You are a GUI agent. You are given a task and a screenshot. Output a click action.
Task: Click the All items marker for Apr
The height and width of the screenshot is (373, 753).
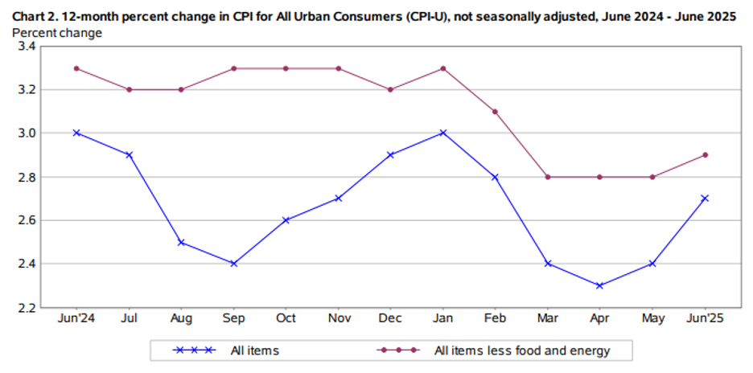600,285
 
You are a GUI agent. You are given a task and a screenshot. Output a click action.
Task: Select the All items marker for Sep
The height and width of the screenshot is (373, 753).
233,264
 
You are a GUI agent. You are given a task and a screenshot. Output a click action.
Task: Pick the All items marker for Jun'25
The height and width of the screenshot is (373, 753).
706,198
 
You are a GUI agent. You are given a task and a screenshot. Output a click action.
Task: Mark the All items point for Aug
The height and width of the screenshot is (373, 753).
181,242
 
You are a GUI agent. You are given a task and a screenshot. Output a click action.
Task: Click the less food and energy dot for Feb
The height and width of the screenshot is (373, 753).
496,112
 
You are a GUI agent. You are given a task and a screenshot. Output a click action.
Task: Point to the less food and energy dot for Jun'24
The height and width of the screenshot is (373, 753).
76,68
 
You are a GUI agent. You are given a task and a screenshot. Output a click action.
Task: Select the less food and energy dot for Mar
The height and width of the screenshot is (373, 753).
548,177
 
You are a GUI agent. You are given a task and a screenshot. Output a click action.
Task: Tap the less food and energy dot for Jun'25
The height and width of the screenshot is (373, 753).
706,155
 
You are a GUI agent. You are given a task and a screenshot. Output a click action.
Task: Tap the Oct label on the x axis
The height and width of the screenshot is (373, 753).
286,319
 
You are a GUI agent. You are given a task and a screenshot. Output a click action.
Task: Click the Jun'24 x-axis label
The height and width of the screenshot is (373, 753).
76,319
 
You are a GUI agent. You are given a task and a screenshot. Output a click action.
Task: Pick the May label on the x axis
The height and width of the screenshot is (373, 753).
653,319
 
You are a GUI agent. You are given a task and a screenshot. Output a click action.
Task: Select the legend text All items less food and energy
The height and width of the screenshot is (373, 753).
521,350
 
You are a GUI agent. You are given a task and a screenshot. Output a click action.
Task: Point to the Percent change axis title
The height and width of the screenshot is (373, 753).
57,33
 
